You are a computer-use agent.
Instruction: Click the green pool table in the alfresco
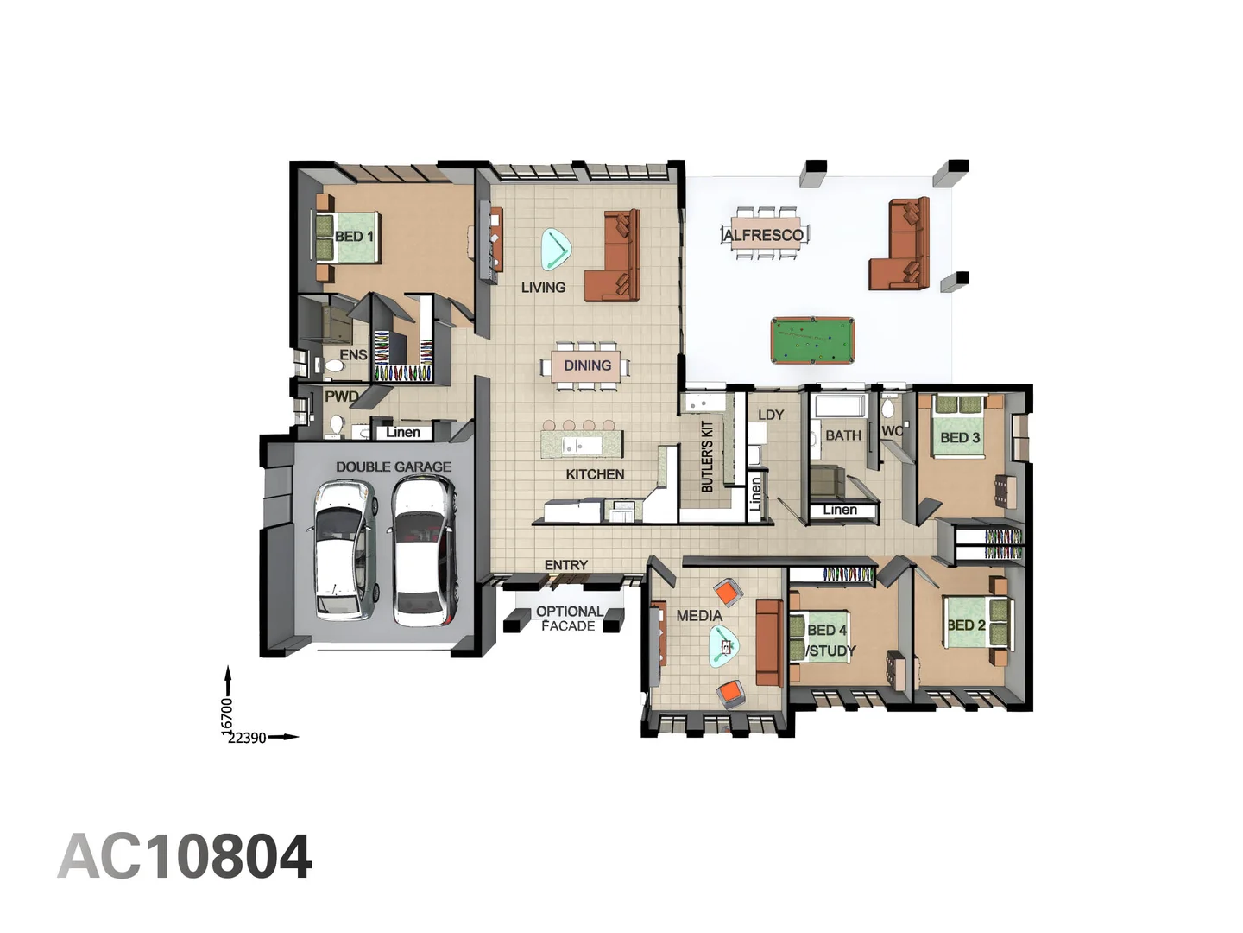(x=812, y=340)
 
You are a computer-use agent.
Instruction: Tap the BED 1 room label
(x=354, y=236)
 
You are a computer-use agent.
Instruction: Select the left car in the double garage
(x=344, y=550)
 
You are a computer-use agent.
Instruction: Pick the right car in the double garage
(x=424, y=550)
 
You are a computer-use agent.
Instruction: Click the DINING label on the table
(x=587, y=365)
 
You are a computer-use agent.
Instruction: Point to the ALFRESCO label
(x=763, y=235)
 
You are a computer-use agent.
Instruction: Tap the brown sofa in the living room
(x=615, y=257)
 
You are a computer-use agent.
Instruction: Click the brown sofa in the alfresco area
(x=902, y=245)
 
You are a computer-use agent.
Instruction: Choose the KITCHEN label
(x=595, y=474)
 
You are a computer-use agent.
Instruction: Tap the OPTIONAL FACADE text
(x=568, y=619)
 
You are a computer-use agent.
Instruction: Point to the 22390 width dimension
(x=247, y=738)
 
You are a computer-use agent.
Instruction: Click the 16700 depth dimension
(x=228, y=716)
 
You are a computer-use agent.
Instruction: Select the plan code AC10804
(x=185, y=857)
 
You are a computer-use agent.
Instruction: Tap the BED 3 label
(x=960, y=438)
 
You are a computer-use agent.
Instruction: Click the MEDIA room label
(x=699, y=616)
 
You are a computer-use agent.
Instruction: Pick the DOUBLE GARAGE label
(x=394, y=466)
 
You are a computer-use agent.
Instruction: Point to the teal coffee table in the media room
(x=723, y=645)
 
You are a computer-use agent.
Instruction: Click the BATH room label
(x=842, y=435)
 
